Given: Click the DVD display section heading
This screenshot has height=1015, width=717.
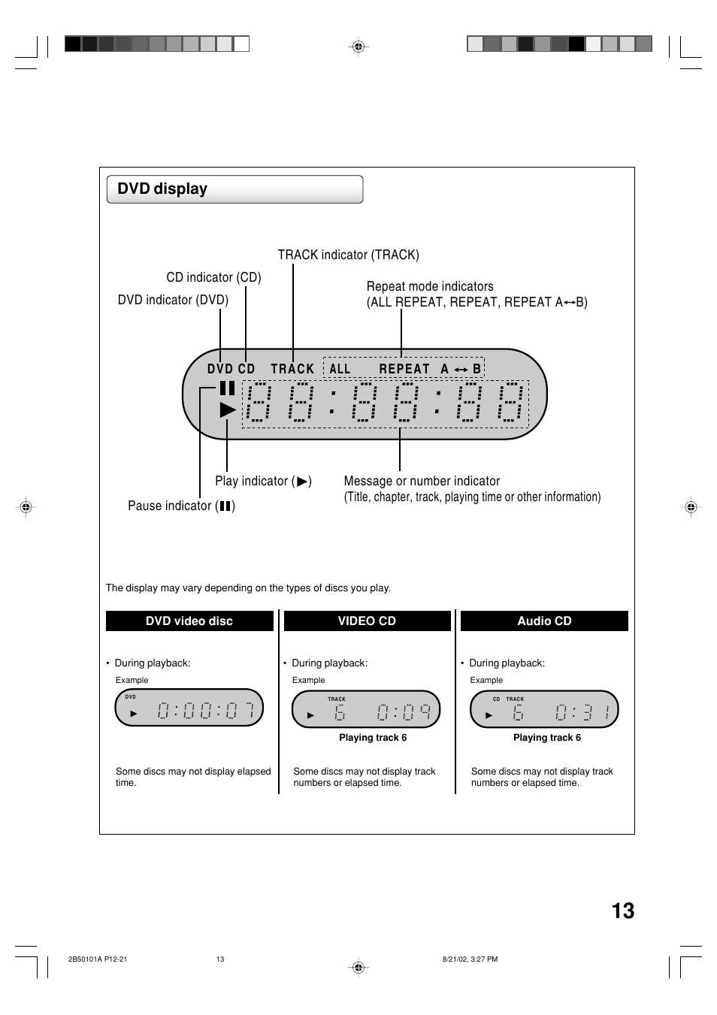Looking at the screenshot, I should point(162,189).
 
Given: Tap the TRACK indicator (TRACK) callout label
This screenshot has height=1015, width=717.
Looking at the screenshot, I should point(348,255).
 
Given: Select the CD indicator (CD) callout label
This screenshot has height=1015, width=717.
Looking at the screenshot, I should point(213,277).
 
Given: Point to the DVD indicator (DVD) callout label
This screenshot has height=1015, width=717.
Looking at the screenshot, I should point(173,300).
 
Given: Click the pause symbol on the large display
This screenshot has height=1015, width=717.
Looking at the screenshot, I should point(227,388).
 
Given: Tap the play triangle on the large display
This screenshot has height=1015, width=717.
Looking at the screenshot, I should point(228,409).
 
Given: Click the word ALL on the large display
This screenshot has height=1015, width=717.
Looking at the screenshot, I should point(340,369).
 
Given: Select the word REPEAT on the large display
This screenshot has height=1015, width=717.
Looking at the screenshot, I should point(404,369).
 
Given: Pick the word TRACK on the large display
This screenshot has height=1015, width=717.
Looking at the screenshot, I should point(292,369).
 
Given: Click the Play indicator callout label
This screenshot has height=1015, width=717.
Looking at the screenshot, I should point(262,481).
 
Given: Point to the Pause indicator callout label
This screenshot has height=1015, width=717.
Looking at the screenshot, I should point(181,506).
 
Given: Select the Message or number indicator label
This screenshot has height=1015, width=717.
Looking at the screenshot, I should point(422,481).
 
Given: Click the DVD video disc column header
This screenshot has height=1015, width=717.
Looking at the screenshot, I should point(189,621).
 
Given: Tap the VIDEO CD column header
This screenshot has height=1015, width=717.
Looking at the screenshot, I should point(367,621).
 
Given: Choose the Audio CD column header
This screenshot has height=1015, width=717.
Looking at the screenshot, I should point(544,621).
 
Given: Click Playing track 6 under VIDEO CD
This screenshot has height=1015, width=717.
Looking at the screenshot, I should point(373,738).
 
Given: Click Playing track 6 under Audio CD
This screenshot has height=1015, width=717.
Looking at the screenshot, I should point(547,738).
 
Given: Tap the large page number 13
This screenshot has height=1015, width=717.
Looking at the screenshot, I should point(622,911).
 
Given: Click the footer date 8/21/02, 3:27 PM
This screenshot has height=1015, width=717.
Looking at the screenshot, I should point(470,959).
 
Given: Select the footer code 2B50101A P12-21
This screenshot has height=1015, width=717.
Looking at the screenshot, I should point(98,959).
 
